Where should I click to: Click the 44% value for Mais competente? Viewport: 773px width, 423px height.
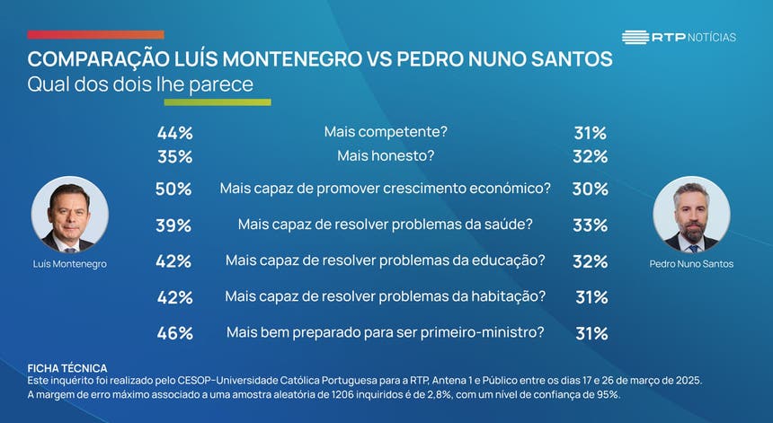(x=174, y=133)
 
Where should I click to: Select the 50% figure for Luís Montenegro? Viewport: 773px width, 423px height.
(x=173, y=189)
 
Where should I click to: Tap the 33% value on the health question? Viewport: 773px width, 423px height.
(x=591, y=225)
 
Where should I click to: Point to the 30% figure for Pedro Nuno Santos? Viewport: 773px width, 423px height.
(x=591, y=189)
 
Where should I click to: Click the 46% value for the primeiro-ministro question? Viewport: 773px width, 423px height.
(x=174, y=333)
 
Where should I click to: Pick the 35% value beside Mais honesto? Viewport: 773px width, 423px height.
(x=174, y=156)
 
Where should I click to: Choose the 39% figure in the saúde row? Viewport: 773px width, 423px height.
(x=173, y=225)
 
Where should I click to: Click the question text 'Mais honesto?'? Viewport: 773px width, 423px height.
(x=385, y=156)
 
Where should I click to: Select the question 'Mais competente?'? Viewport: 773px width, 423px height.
(x=385, y=132)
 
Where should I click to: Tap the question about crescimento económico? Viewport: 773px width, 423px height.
(x=385, y=189)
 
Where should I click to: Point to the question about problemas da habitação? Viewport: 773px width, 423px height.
(x=385, y=296)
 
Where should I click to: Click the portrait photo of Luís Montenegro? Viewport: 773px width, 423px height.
(x=70, y=215)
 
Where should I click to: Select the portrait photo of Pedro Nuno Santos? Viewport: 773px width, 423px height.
(x=691, y=215)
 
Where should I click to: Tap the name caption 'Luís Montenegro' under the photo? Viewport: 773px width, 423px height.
(x=69, y=264)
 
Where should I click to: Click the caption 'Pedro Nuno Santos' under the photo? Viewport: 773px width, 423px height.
(x=691, y=264)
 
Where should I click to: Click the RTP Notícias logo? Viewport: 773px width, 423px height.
(x=679, y=37)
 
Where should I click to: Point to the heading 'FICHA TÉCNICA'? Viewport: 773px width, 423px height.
(x=67, y=368)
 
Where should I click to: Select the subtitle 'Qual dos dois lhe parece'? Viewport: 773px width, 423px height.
(x=140, y=84)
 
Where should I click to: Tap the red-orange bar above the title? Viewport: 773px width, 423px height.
(x=95, y=35)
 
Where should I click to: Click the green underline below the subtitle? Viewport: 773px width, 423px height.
(x=231, y=102)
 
